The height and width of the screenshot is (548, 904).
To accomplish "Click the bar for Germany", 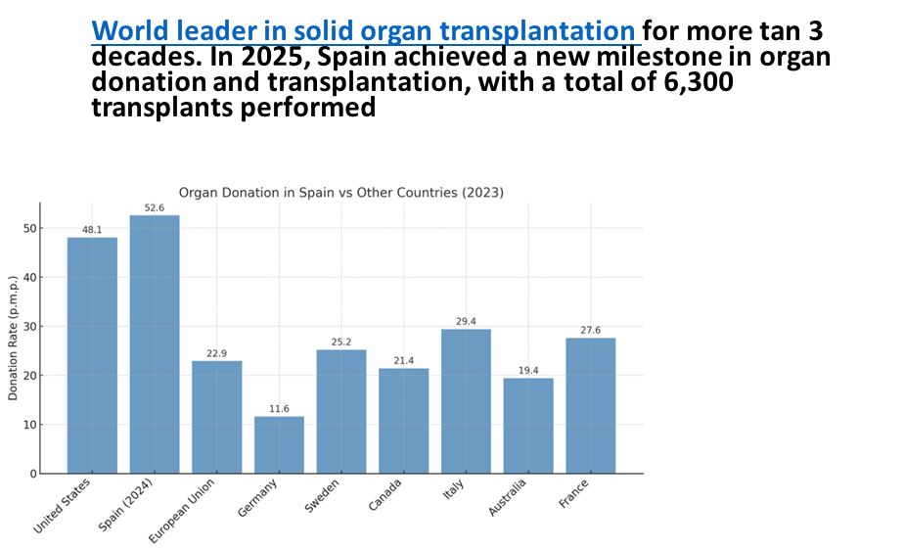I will click(x=279, y=445).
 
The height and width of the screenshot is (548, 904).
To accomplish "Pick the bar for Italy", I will click(x=466, y=401).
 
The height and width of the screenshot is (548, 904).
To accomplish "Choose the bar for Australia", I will click(x=528, y=426).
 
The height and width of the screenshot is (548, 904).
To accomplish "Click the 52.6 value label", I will click(x=155, y=207).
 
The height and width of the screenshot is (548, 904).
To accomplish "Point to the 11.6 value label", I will click(x=279, y=408).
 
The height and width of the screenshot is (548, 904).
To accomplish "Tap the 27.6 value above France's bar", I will click(x=590, y=330).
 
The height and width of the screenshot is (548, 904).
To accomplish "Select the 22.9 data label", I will click(x=216, y=353).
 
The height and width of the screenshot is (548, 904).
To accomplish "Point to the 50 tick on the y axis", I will click(x=30, y=228).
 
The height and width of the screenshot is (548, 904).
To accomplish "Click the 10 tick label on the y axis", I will click(x=30, y=425).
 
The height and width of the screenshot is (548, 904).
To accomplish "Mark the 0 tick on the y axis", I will click(x=33, y=474).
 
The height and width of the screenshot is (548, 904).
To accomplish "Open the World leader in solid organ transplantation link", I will click(x=363, y=30).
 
